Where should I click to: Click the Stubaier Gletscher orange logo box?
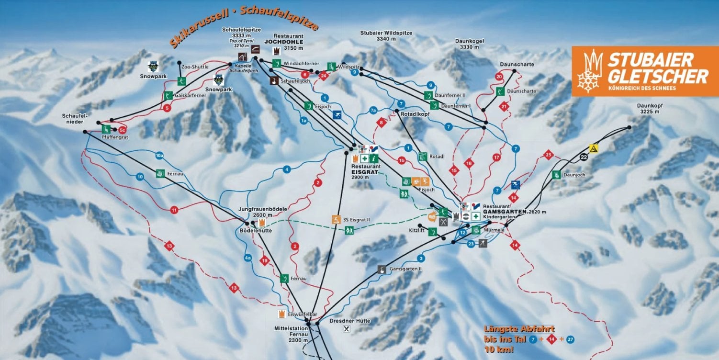[x=644, y=71]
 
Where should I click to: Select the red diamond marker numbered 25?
[x=549, y=155]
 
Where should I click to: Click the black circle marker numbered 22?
[x=583, y=157]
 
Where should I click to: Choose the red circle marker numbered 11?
[x=174, y=209]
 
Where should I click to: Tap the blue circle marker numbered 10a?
[x=160, y=156]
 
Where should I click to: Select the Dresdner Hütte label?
[x=350, y=321]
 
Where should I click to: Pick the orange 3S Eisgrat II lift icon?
[x=336, y=220]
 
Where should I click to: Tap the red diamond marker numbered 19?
[x=264, y=260]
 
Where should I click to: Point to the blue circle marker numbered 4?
[x=287, y=169]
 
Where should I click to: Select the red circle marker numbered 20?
[x=499, y=77]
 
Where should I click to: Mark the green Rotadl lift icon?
[x=422, y=156]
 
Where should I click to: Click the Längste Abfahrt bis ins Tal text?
[x=519, y=334]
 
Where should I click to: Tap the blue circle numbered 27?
[x=570, y=339]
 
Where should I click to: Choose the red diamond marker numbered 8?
[x=382, y=122]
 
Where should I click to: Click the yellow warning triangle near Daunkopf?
[x=594, y=148]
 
